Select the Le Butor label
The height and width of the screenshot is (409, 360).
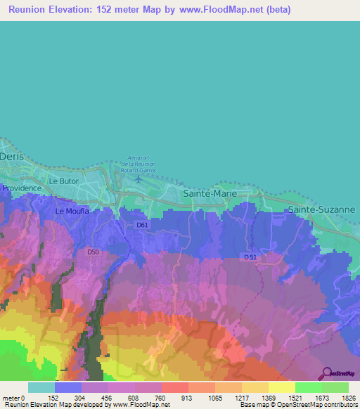tap(63, 181)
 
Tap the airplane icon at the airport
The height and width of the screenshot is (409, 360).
tap(139, 178)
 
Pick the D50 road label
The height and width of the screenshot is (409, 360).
tap(93, 252)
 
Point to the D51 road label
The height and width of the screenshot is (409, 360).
tap(250, 257)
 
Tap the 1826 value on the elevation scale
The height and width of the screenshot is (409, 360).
tap(348, 397)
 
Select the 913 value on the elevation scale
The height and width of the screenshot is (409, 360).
tap(188, 397)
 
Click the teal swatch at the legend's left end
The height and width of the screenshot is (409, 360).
tap(41, 387)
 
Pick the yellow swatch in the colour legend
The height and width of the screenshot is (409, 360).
tap(281, 387)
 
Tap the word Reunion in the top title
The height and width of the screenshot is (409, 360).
tap(29, 10)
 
